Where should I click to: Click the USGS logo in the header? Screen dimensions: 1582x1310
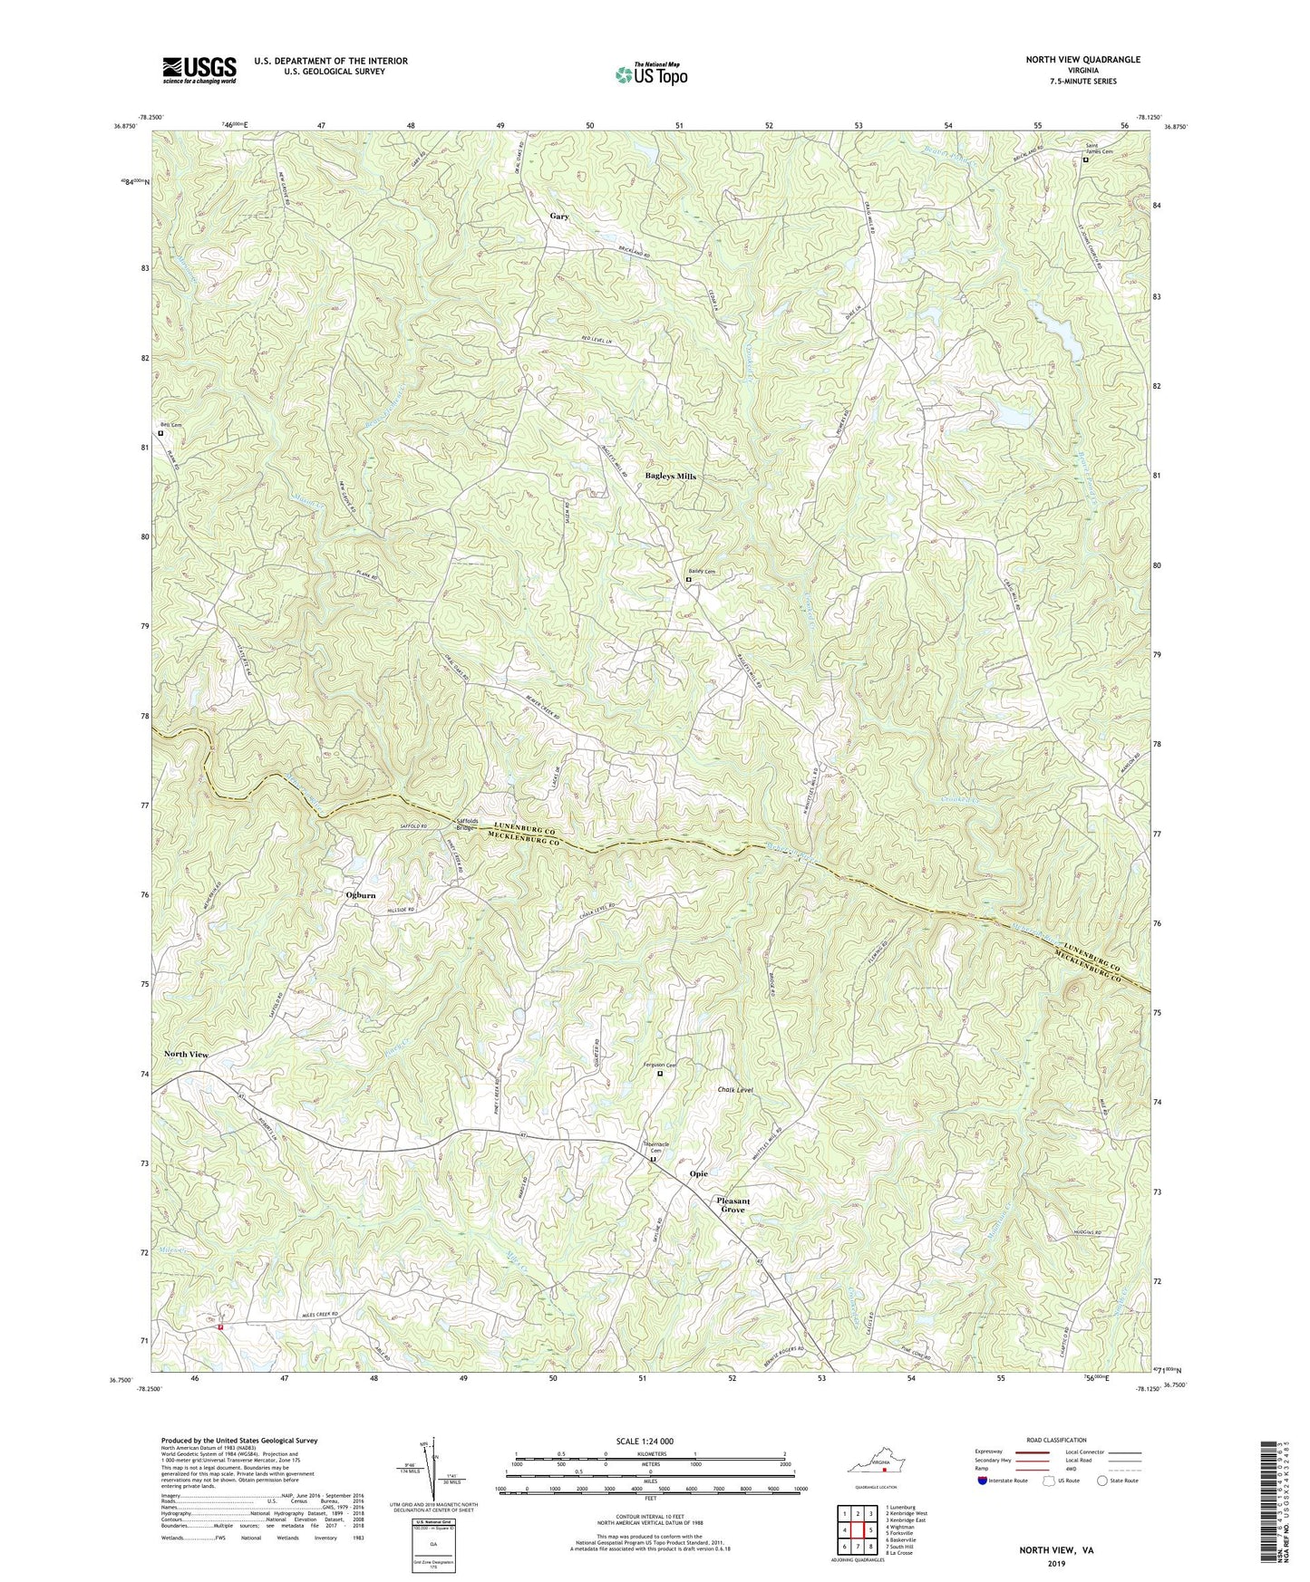(x=199, y=69)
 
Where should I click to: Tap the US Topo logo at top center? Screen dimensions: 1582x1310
(x=649, y=74)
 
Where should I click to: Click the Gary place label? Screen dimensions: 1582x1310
(x=559, y=217)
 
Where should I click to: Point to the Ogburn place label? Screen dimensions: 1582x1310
(x=360, y=895)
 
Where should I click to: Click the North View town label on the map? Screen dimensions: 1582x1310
(x=186, y=1055)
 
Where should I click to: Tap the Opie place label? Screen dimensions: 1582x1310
(x=698, y=1173)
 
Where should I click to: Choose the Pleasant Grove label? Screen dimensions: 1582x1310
(x=734, y=1204)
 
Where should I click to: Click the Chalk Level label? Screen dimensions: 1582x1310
(x=735, y=1089)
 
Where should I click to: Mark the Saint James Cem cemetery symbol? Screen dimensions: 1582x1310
(x=1085, y=160)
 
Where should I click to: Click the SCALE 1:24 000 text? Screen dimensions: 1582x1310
(x=645, y=1441)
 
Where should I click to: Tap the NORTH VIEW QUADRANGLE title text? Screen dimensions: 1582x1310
(x=1082, y=60)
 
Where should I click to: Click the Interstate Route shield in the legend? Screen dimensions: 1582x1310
(x=984, y=1481)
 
